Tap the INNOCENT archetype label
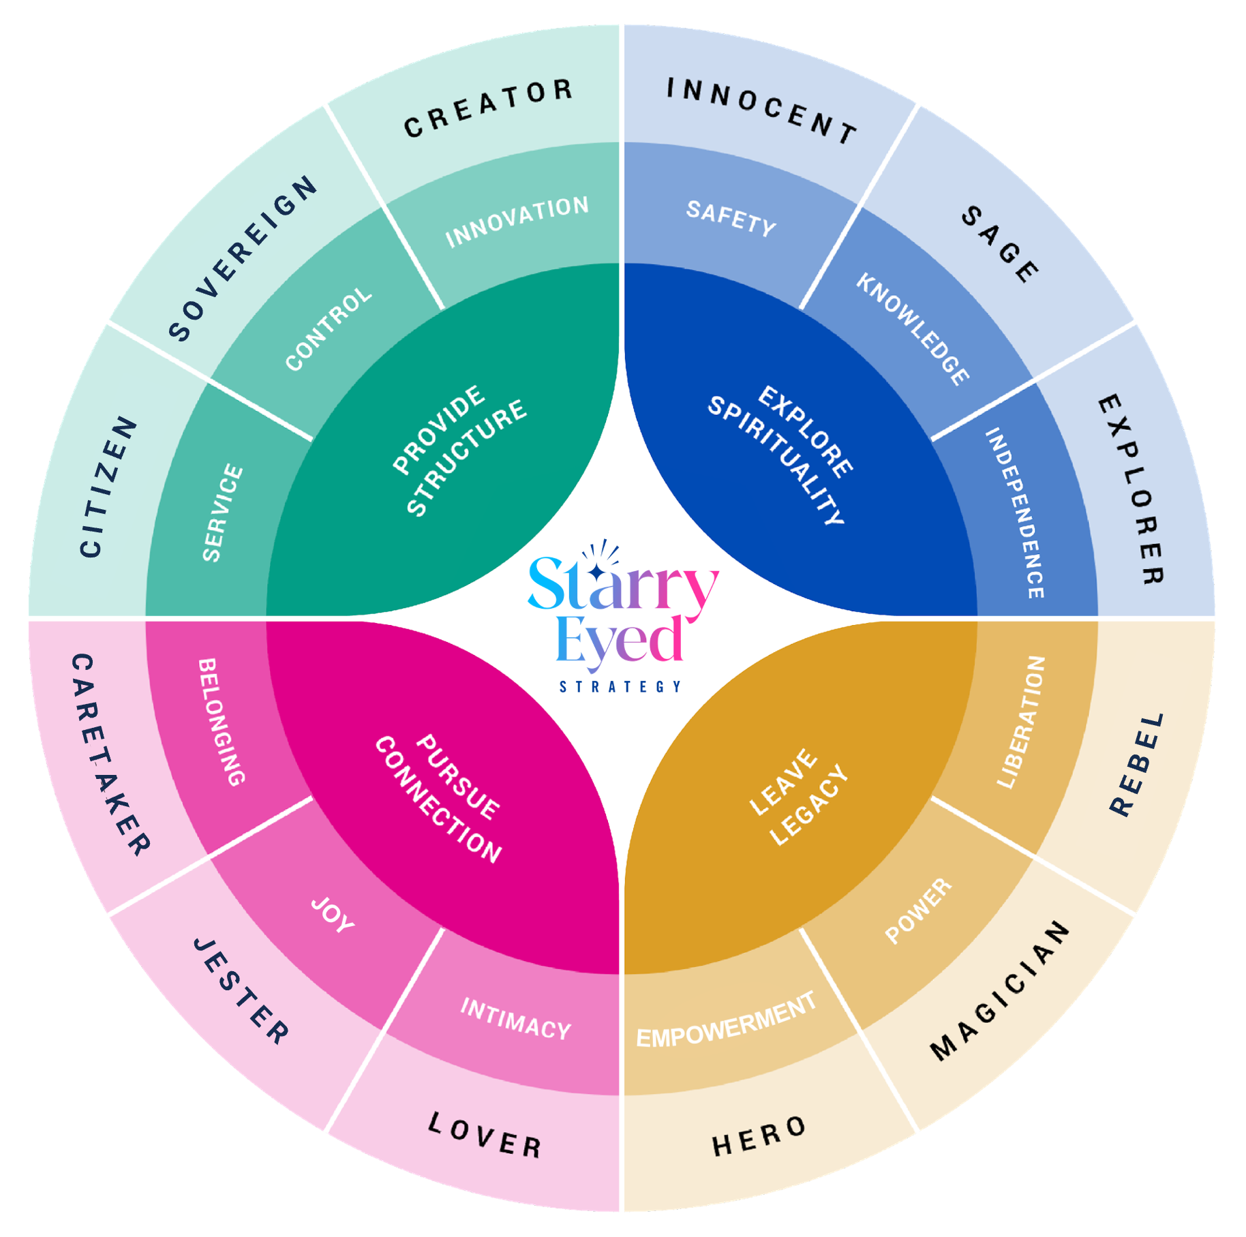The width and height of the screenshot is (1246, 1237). coord(761,110)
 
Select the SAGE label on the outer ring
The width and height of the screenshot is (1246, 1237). coord(1000,244)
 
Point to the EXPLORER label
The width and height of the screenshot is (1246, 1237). coord(1132,489)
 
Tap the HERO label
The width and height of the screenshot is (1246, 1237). coord(759,1135)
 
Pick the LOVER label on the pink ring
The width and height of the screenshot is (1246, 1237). coord(485,1135)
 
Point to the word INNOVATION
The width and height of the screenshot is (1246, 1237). coord(517,222)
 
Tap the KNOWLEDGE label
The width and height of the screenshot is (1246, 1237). coord(913,329)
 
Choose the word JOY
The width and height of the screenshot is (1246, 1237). coord(333,915)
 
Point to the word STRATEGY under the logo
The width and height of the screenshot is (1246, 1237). coord(620,686)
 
